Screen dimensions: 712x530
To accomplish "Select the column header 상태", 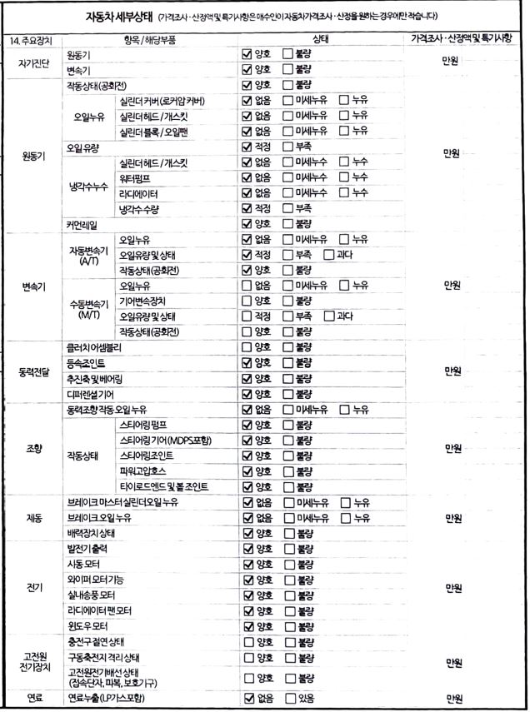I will [321, 40].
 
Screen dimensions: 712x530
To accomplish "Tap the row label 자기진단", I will [31, 62].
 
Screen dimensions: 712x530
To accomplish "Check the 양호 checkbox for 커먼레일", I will [247, 224].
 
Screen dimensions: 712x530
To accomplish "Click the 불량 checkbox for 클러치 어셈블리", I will [288, 346].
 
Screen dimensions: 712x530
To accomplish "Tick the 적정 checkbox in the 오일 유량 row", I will [247, 147].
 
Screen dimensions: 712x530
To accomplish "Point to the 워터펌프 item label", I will [137, 177].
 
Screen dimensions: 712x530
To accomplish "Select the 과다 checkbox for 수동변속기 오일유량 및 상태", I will [329, 316].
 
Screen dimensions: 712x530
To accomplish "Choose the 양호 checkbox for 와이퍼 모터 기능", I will [247, 580].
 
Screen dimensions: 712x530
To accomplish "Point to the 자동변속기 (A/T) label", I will [89, 255].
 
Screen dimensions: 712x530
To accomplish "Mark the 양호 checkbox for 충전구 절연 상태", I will [247, 641].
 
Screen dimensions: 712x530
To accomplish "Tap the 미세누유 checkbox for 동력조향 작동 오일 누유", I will [288, 409].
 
